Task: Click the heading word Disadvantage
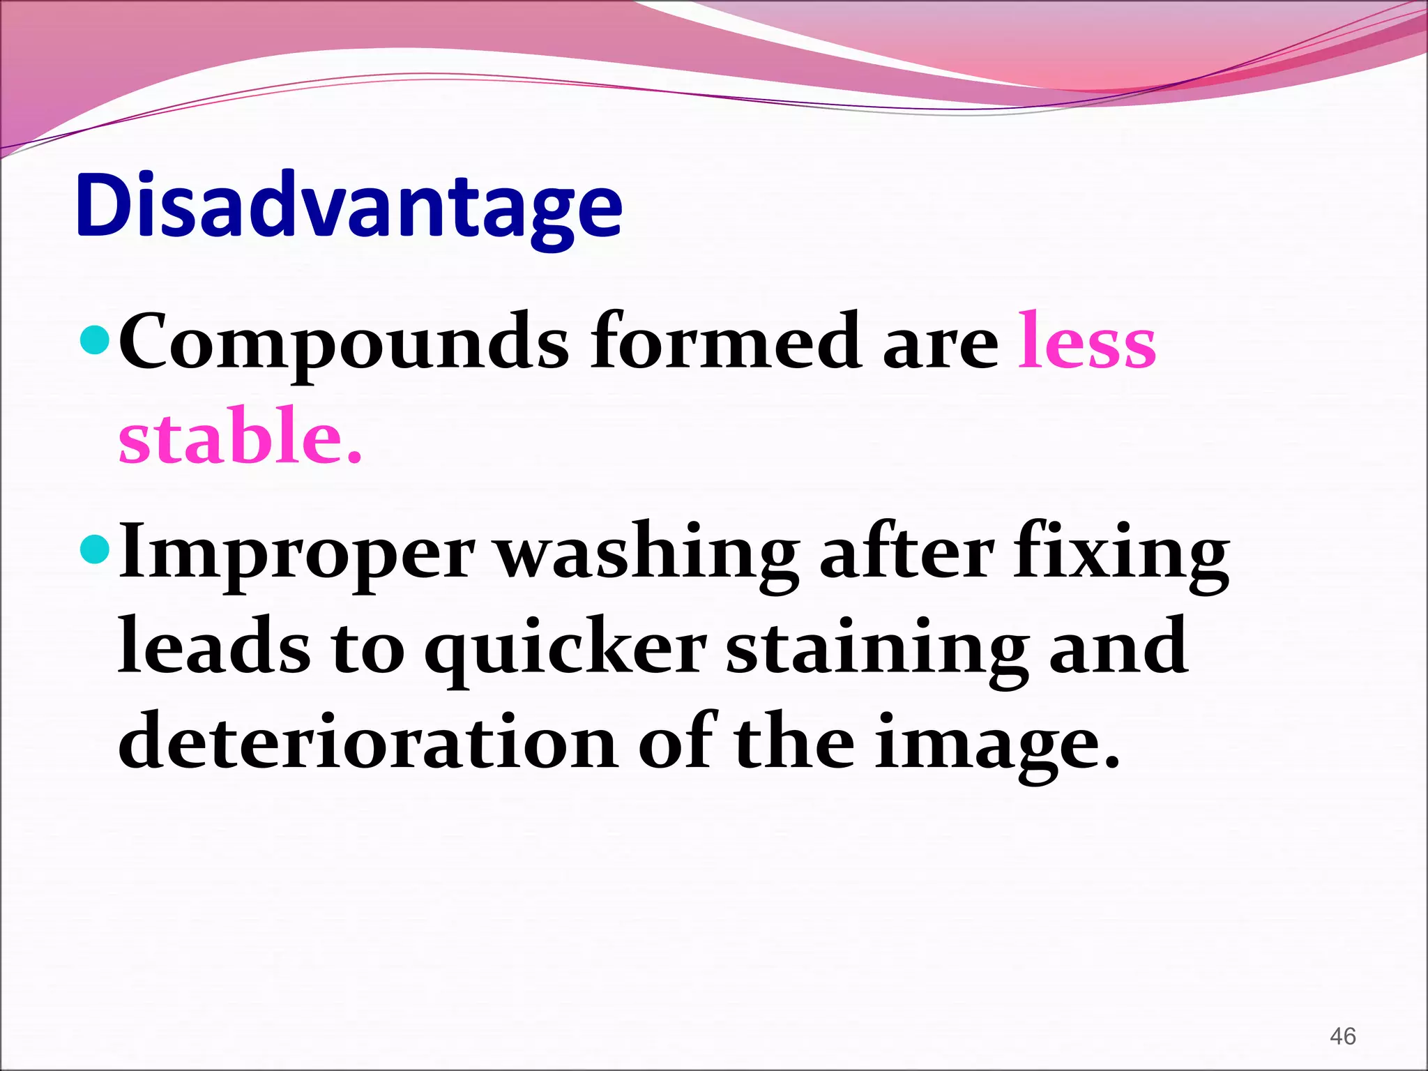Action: tap(349, 207)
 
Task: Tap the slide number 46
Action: tap(1342, 1036)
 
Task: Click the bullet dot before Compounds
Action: tap(96, 340)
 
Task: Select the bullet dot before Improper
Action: tap(96, 549)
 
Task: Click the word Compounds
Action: tap(344, 343)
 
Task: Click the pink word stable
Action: tap(240, 436)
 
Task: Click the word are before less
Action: tap(940, 344)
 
